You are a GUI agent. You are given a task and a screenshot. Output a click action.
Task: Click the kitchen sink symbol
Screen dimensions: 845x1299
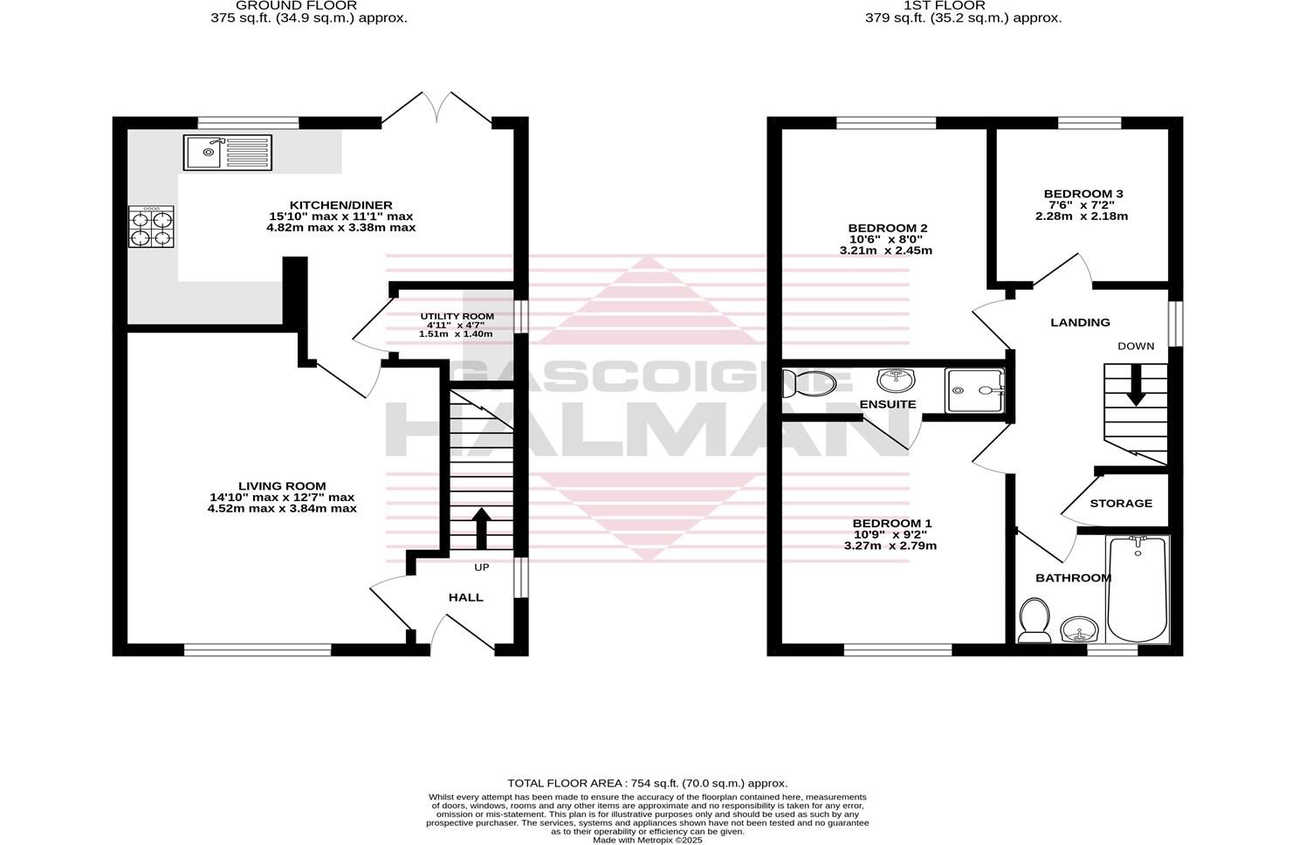coord(228,153)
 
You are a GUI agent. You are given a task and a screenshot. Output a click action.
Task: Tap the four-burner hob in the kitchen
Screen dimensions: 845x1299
coord(152,227)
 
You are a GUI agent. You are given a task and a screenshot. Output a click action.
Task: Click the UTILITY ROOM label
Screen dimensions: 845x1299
coord(457,316)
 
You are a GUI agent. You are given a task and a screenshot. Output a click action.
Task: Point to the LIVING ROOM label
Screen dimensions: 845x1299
coord(282,486)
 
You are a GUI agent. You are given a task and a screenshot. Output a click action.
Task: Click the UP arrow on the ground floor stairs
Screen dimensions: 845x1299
coord(480,527)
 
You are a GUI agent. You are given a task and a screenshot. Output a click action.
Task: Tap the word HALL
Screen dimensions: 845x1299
coord(465,597)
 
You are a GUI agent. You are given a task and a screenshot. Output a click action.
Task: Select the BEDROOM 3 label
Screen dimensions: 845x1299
coord(1082,194)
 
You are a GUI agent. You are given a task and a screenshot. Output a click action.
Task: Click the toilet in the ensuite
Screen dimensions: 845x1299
coord(808,381)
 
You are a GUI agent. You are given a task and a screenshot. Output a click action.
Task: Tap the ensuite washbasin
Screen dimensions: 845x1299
coord(895,380)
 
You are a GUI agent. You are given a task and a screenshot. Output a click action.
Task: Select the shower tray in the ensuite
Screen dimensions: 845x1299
coord(975,390)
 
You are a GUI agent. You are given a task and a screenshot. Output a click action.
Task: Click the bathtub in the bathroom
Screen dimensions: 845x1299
coord(1137,589)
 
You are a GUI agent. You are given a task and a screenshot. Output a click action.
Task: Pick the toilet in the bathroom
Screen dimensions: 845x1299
coord(1034,618)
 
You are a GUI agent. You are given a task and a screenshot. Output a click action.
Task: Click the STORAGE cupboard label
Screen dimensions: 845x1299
coord(1121,503)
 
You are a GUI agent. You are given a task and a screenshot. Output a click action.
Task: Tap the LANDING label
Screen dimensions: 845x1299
coord(1080,322)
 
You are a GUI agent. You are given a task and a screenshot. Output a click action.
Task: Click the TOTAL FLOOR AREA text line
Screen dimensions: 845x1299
coord(647,783)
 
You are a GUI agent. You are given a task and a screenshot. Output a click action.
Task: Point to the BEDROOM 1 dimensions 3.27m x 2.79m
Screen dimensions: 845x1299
coord(890,546)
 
